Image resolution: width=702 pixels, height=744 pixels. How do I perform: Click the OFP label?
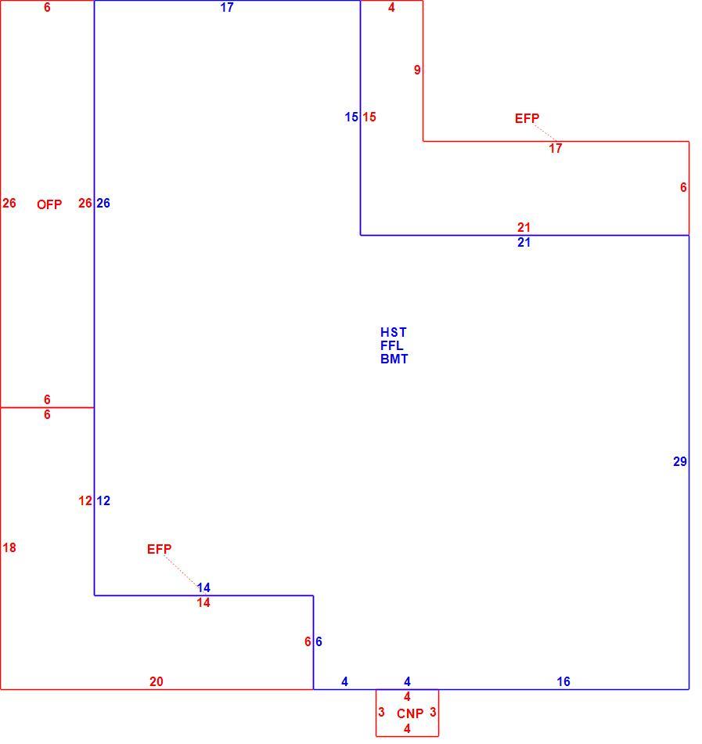pos(49,204)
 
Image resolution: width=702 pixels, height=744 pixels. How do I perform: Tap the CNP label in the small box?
pos(410,713)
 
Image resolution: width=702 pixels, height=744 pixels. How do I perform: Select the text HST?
pos(394,332)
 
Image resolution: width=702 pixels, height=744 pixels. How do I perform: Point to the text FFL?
pos(391,345)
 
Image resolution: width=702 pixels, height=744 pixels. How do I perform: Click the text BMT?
pos(394,359)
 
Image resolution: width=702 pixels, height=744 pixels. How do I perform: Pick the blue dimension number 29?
pos(680,462)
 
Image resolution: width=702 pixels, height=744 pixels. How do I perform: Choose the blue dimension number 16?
pos(563,682)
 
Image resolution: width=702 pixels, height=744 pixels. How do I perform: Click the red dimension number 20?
pos(157,682)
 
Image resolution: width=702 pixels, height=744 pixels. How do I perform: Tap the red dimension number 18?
pos(9,548)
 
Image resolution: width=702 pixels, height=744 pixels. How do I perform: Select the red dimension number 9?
pos(417,70)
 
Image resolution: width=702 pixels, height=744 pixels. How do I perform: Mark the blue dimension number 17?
pos(227,8)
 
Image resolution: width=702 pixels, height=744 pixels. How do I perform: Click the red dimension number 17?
pos(556,149)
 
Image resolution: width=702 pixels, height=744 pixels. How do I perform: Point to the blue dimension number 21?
pos(524,243)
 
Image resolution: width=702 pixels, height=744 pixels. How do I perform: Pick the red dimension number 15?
pos(369,117)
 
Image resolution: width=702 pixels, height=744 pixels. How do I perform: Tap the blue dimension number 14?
pos(203,588)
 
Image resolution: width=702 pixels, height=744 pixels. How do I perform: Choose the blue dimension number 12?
pos(103,500)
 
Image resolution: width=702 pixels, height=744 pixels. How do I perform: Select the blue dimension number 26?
pos(103,203)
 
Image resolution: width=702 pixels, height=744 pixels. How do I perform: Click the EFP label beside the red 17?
pos(527,118)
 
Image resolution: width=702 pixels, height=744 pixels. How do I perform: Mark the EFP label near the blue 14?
pos(160,550)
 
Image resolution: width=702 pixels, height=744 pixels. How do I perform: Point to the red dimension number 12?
pos(85,500)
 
